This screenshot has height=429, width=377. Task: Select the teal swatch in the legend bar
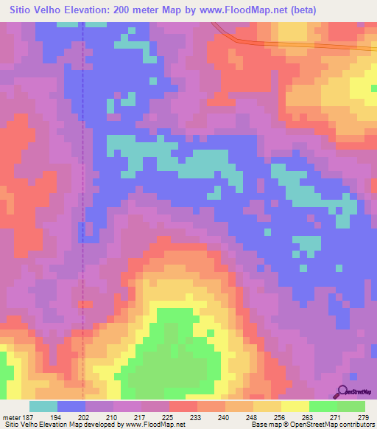pyautogui.click(x=43, y=406)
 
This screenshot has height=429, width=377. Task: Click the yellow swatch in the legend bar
pyautogui.click(x=295, y=406)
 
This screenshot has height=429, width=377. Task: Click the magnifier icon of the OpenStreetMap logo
pyautogui.click(x=343, y=391)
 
